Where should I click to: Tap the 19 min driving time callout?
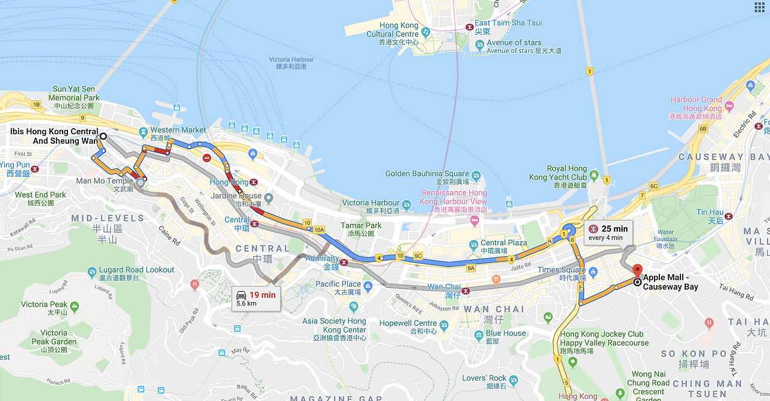click(x=256, y=298)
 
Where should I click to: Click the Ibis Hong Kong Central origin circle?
click(x=103, y=136)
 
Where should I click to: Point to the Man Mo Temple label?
click(x=105, y=181)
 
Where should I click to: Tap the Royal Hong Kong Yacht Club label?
click(x=558, y=173)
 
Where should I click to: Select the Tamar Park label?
click(x=361, y=225)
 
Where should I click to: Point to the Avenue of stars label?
click(x=514, y=43)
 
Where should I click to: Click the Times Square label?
click(x=561, y=271)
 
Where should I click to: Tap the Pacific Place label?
click(x=338, y=284)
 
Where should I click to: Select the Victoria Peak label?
click(x=45, y=305)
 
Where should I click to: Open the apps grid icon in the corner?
click(x=759, y=7)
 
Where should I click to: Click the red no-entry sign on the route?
click(x=206, y=158)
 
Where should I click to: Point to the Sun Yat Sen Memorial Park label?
click(x=74, y=93)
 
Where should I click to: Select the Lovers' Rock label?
click(x=484, y=378)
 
